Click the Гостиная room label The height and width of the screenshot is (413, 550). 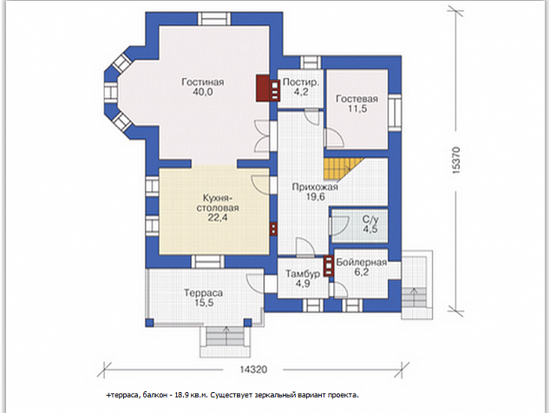[202, 82]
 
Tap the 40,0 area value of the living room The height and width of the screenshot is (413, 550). [202, 92]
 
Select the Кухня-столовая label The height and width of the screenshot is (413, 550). [218, 202]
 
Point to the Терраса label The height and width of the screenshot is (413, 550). [204, 292]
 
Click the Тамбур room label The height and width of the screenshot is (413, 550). [303, 273]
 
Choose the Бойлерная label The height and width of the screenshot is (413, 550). [361, 262]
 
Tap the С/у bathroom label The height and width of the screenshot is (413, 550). [370, 220]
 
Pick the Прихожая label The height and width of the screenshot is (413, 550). [315, 187]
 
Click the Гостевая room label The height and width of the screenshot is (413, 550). [357, 99]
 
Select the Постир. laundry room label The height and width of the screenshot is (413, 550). [301, 82]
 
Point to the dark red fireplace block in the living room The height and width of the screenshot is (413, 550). [263, 88]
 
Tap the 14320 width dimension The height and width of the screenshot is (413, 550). [253, 370]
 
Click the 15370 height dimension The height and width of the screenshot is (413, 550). [456, 160]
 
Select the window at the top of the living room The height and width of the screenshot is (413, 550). [214, 18]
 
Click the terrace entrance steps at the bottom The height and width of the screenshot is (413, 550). [226, 342]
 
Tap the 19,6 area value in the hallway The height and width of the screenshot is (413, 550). [315, 197]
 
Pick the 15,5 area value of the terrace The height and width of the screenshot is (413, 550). [204, 303]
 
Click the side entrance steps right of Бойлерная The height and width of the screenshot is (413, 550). [416, 285]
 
